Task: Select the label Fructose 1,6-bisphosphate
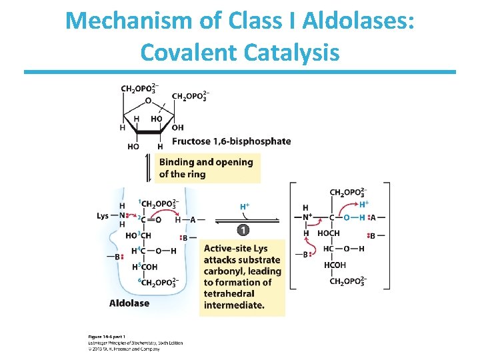tap(231, 141)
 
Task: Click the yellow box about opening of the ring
tap(207, 168)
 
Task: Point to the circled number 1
tap(243, 230)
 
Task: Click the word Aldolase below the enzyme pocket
tap(129, 303)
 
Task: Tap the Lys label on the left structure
tap(103, 216)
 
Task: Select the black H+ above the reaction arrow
tap(245, 207)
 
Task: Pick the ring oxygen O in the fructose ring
tap(148, 101)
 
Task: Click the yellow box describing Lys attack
tap(242, 277)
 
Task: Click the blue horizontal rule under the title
tap(240, 72)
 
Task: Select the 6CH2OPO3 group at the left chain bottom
tap(157, 283)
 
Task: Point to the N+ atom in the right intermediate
tap(307, 217)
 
